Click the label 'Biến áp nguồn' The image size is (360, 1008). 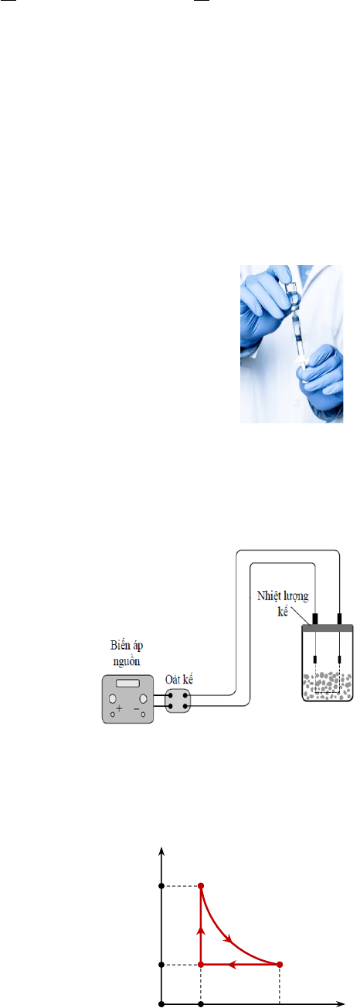(x=127, y=653)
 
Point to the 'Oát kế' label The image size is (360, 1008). (x=179, y=680)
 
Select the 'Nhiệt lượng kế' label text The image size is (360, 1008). (x=283, y=603)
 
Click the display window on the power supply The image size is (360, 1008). (x=127, y=684)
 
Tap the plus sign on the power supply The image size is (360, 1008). (x=119, y=708)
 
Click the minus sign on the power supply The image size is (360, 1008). (x=136, y=708)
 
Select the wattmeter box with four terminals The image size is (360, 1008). (x=178, y=701)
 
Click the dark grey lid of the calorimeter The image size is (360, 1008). (x=327, y=628)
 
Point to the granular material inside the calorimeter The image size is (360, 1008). (x=327, y=686)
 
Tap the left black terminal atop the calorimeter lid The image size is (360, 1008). (x=315, y=619)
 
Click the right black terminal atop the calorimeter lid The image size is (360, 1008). (x=339, y=619)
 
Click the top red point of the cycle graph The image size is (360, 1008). (x=201, y=886)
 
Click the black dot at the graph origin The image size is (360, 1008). (x=161, y=1003)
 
